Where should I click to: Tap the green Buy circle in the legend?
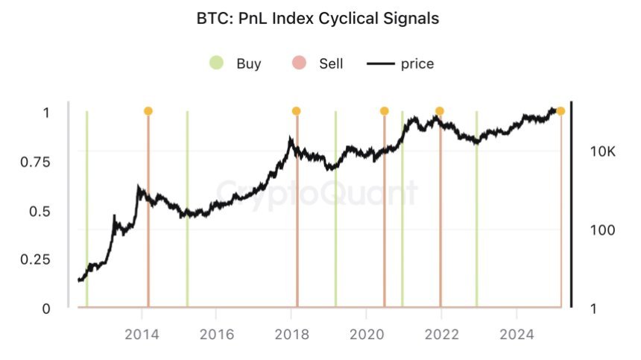pos(216,63)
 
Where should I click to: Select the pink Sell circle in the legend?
pos(300,63)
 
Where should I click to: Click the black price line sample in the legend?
pos(379,63)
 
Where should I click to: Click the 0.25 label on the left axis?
pos(34,259)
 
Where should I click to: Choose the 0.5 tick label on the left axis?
pos(39,211)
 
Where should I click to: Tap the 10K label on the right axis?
pos(602,151)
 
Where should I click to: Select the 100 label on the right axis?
pos(602,230)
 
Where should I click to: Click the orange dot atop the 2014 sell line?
pos(148,111)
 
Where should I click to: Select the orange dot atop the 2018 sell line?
pos(296,111)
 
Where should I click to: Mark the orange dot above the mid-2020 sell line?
pos(384,111)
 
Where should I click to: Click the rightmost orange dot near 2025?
pos(561,111)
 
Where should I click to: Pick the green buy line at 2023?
pos(476,224)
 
